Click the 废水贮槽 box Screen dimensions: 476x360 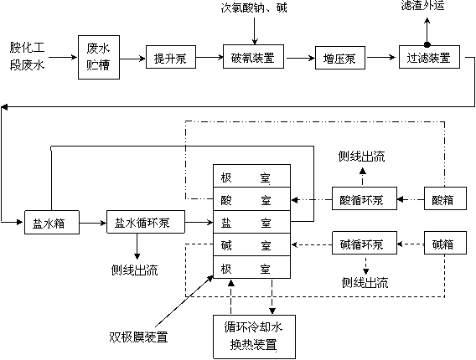(x=99, y=57)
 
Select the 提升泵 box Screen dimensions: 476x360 (x=171, y=57)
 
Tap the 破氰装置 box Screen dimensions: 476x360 (x=253, y=57)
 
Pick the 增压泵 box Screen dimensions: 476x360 (x=340, y=58)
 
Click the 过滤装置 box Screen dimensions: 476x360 (x=429, y=57)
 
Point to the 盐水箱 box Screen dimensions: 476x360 (x=52, y=223)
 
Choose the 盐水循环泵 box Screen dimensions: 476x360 (x=146, y=222)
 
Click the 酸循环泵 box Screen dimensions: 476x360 (x=365, y=198)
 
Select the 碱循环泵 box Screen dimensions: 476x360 (x=365, y=243)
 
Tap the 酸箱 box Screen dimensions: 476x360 (x=445, y=198)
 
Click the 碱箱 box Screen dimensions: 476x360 (x=445, y=243)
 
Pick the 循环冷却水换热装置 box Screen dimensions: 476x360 (x=254, y=337)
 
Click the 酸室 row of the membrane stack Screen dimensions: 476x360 (x=251, y=199)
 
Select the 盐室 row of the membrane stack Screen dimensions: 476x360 (x=251, y=222)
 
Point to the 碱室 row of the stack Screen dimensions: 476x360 (x=251, y=244)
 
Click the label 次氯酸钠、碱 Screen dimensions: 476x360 (x=254, y=7)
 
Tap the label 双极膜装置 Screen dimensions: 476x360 (x=138, y=337)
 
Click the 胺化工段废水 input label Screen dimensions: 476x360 (x=27, y=56)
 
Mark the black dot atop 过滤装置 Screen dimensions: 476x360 (x=427, y=45)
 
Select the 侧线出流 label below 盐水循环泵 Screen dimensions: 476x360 (x=134, y=270)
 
